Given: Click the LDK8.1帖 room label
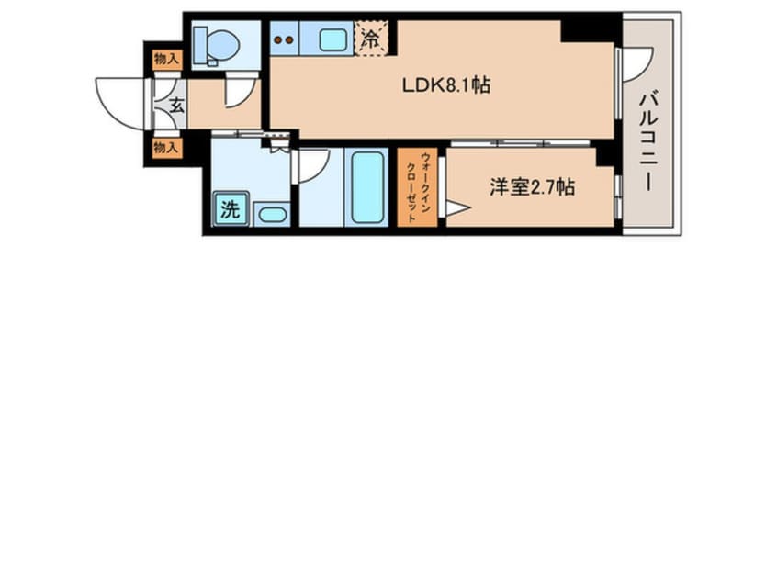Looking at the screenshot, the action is click(446, 85).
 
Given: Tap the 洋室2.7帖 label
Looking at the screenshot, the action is click(532, 187).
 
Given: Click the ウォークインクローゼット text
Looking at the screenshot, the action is click(418, 187).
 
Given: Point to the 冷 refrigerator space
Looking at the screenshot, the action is click(371, 39).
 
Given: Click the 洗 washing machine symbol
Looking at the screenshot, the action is click(231, 209).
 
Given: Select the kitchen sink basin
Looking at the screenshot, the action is click(333, 39).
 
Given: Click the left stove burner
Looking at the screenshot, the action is click(278, 40).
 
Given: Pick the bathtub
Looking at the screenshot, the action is click(367, 187).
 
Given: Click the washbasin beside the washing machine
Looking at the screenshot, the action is click(273, 215).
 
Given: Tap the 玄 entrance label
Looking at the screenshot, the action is click(176, 106).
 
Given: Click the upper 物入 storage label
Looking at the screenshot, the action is click(166, 60).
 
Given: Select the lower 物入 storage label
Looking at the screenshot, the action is click(165, 147).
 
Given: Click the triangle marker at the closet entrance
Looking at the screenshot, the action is click(456, 208).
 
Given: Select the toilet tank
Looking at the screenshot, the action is click(199, 45).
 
